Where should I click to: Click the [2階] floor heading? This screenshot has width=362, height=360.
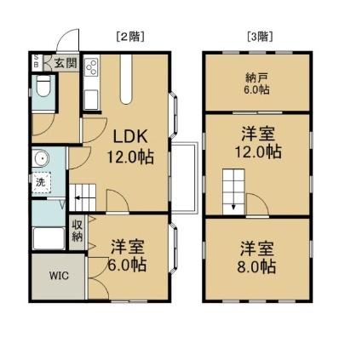click(x=130, y=37)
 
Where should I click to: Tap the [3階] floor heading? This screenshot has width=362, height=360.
click(x=260, y=37)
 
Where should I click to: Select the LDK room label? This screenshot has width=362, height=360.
click(x=130, y=136)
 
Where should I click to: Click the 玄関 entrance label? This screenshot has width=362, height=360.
click(x=66, y=63)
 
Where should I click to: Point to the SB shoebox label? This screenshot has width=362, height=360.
click(x=37, y=61)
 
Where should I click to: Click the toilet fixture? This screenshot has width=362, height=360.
click(x=43, y=86)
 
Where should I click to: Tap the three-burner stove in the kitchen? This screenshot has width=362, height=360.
click(x=92, y=67)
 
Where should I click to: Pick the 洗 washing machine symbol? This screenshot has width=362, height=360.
click(x=42, y=183)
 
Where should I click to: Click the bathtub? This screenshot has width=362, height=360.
click(x=49, y=238)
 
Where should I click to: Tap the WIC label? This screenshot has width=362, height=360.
click(x=59, y=276)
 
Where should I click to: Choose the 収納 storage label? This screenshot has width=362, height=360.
click(x=78, y=231)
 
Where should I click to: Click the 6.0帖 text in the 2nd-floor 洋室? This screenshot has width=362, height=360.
click(x=127, y=266)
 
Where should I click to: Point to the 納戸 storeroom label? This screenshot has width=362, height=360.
click(x=257, y=77)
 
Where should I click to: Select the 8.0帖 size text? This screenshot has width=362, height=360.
click(x=256, y=266)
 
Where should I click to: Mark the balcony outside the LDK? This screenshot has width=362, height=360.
click(x=184, y=178)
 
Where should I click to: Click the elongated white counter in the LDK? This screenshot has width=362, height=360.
click(x=126, y=79)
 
